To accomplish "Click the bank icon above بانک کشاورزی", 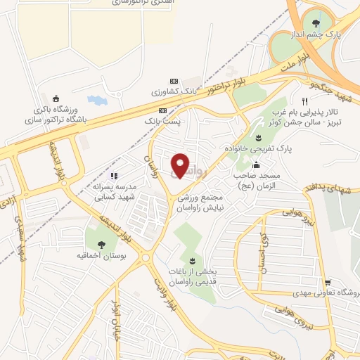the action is coord(174,81).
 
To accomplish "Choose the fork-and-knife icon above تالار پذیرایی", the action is coord(304,101).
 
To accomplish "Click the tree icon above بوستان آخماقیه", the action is coord(101,244).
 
